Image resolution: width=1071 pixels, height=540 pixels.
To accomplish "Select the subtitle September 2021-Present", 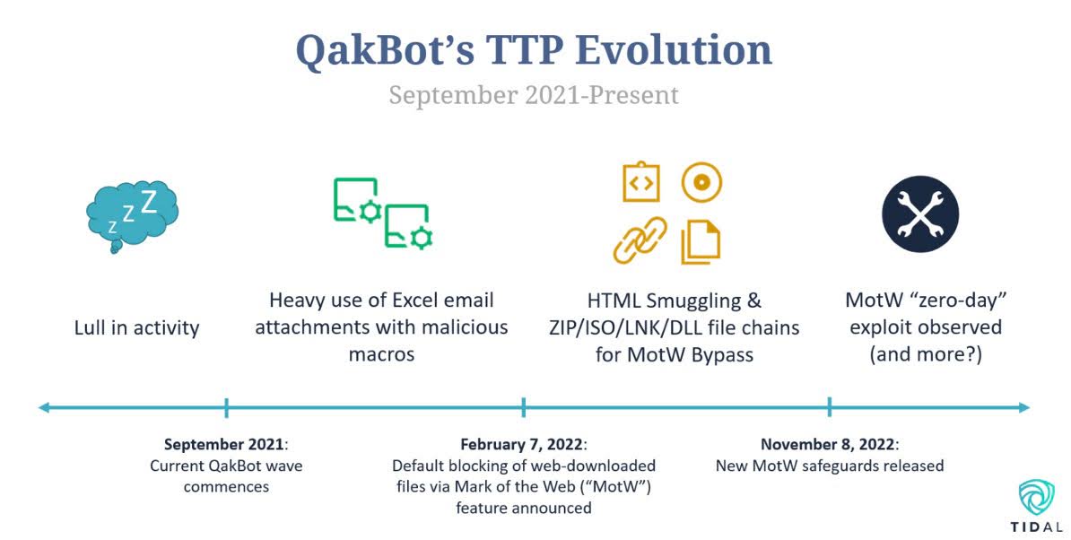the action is click(x=534, y=95).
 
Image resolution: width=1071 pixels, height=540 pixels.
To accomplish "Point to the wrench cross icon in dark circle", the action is click(x=920, y=213).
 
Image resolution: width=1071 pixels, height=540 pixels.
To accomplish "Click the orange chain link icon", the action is click(x=640, y=240).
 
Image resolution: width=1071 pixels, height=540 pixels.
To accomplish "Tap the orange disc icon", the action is click(x=701, y=182).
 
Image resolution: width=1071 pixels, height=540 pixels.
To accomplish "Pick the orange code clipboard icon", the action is click(x=641, y=181).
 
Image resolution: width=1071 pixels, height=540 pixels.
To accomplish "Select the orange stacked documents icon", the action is click(x=701, y=241).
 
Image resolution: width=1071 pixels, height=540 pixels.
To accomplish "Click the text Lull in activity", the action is click(x=136, y=327).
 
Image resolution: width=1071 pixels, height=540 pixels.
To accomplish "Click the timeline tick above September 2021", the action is click(x=226, y=407).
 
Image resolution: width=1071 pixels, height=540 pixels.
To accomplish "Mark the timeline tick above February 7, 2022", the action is click(x=523, y=407).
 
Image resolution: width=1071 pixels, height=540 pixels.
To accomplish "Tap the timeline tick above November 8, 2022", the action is click(x=829, y=407).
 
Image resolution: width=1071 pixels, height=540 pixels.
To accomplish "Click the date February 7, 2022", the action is click(x=521, y=444).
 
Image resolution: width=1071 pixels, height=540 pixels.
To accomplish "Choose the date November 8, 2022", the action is click(x=827, y=444).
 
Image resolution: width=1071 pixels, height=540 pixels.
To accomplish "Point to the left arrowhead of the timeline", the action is click(x=44, y=407).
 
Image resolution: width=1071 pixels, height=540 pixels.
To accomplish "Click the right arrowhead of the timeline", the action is click(x=1023, y=407).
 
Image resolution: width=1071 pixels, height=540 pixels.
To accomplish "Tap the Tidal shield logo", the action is click(x=1036, y=497).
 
